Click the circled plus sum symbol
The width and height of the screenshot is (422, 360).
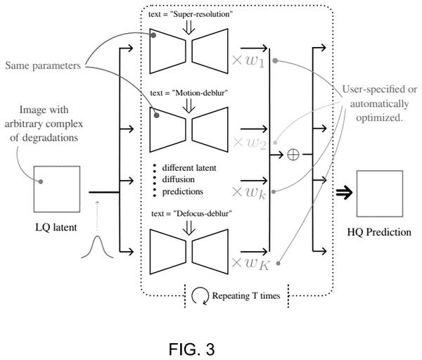(293, 155)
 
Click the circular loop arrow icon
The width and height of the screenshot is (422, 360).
(200, 295)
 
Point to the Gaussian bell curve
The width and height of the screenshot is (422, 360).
(97, 247)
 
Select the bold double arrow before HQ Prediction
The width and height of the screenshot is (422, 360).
(344, 193)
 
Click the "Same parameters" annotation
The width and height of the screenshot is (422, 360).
(43, 65)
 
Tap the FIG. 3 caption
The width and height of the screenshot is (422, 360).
(191, 349)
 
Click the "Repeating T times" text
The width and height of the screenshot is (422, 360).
(246, 296)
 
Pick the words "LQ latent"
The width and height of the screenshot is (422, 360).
(56, 227)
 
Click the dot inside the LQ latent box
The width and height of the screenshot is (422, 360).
(41, 181)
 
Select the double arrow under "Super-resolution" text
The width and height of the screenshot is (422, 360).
(188, 27)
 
